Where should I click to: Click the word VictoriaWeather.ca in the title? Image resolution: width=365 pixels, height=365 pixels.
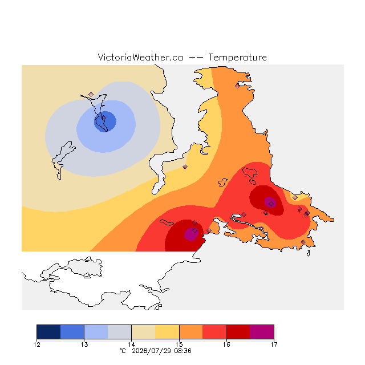pyautogui.click(x=140, y=57)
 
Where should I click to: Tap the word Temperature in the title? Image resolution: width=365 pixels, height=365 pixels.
pyautogui.click(x=237, y=57)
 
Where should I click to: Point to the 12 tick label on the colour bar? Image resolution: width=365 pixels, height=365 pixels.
pyautogui.click(x=37, y=344)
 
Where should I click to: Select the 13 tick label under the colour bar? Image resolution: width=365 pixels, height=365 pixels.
pyautogui.click(x=84, y=344)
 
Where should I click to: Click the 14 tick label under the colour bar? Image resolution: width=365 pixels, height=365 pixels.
pyautogui.click(x=132, y=344)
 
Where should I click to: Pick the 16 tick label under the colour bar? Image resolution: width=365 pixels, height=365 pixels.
pyautogui.click(x=226, y=344)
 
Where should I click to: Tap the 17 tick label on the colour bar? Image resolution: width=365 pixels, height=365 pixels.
pyautogui.click(x=274, y=344)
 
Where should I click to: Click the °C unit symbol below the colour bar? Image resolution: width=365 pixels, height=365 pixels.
pyautogui.click(x=123, y=351)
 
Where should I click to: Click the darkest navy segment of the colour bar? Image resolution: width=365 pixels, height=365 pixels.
pyautogui.click(x=48, y=332)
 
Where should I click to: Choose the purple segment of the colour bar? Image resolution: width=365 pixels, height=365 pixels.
pyautogui.click(x=262, y=332)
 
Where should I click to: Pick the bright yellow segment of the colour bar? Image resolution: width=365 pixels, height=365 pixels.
pyautogui.click(x=167, y=332)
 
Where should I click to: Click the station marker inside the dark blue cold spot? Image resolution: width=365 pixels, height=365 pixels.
pyautogui.click(x=104, y=118)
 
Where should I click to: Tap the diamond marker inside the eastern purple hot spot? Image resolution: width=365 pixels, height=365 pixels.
pyautogui.click(x=271, y=204)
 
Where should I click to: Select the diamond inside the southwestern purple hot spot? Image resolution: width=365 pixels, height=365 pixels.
pyautogui.click(x=195, y=230)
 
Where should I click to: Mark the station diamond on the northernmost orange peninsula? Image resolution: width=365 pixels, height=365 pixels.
pyautogui.click(x=237, y=86)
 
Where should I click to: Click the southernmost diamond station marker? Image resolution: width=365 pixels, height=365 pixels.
pyautogui.click(x=303, y=242)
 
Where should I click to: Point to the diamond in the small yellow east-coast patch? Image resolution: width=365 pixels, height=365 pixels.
pyautogui.click(x=295, y=198)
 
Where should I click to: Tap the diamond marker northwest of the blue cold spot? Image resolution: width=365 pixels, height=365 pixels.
pyautogui.click(x=91, y=94)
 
